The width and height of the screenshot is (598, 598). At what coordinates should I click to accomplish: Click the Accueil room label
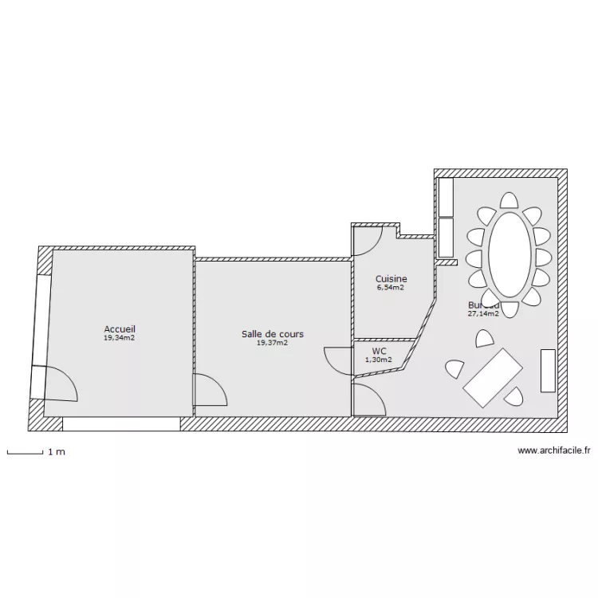(x=120, y=329)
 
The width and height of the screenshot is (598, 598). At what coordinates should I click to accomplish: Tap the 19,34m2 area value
(x=120, y=338)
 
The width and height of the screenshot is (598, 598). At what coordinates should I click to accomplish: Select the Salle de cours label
(x=273, y=334)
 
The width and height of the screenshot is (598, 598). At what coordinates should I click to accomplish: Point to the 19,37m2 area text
(x=273, y=344)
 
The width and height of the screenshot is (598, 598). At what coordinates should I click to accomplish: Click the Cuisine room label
(x=391, y=279)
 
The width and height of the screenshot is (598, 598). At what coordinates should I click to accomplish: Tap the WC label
(x=379, y=351)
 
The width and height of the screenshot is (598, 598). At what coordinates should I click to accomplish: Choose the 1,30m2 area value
(x=379, y=360)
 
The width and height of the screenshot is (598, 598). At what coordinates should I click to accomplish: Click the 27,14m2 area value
(x=483, y=314)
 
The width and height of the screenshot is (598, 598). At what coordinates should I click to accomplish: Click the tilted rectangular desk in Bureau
(x=494, y=376)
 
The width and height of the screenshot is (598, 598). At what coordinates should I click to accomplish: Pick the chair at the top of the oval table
(x=509, y=200)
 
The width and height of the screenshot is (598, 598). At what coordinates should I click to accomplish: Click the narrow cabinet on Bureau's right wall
(x=548, y=370)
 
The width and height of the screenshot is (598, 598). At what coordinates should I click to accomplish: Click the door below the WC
(x=368, y=399)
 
